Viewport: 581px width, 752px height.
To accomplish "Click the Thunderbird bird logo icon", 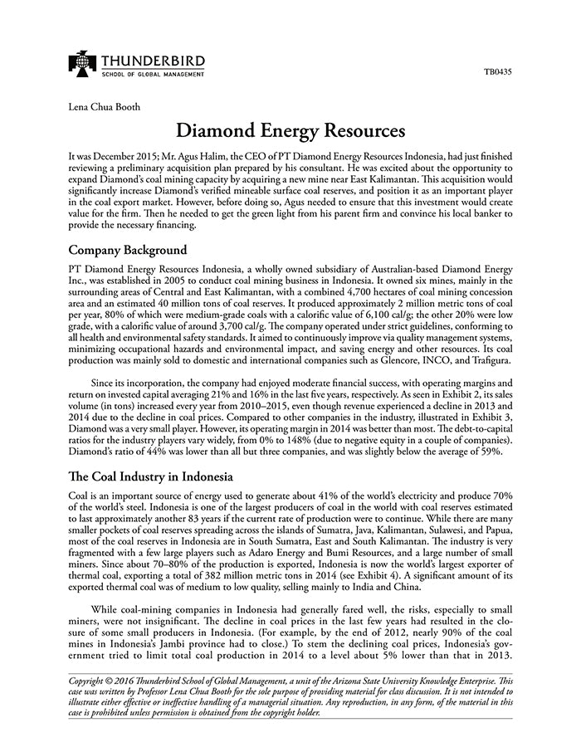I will point(82,63).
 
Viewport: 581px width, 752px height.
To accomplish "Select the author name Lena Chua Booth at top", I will point(105,106).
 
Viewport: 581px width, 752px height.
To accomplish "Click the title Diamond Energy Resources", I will point(290,131).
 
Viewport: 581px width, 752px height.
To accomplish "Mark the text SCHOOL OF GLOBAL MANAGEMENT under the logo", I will point(153,75).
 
